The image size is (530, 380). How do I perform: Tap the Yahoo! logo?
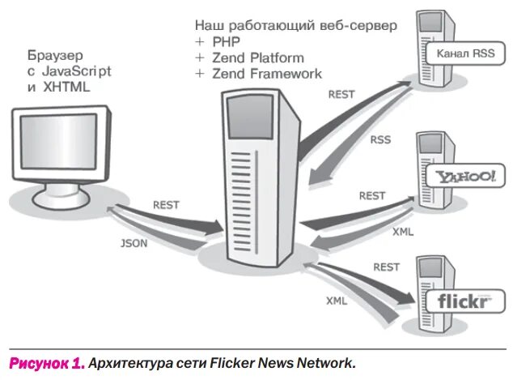click(x=464, y=176)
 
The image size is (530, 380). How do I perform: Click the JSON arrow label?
click(x=134, y=242)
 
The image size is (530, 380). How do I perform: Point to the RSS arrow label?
click(x=380, y=139)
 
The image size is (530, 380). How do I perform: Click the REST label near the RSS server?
click(x=341, y=94)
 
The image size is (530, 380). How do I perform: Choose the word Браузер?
click(x=49, y=55)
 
